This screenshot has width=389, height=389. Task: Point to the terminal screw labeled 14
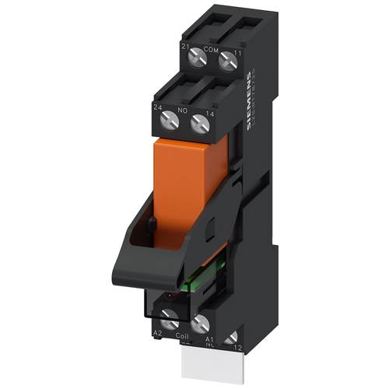point(200,123)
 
